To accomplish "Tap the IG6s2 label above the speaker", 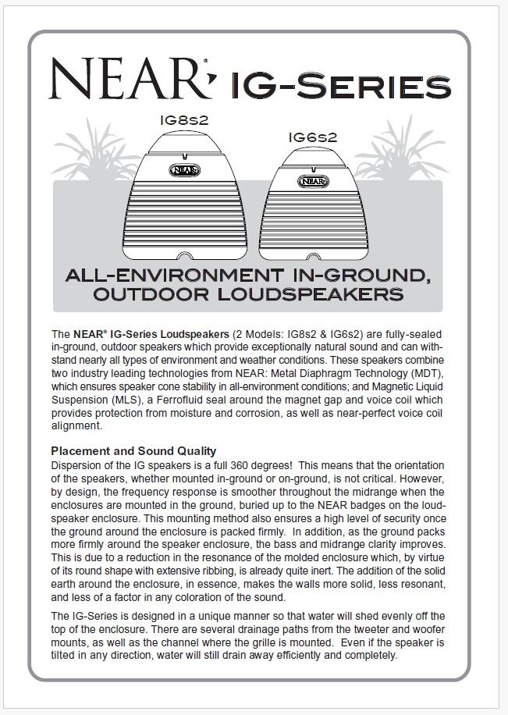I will pyautogui.click(x=312, y=137).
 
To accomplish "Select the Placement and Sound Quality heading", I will pyautogui.click(x=133, y=450).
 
